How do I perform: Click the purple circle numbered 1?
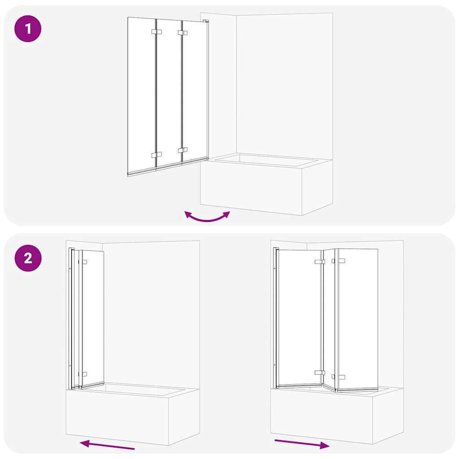click(28, 29)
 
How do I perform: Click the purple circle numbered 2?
click(28, 258)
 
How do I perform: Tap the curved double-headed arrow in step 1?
click(207, 217)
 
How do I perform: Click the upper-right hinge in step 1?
click(182, 33)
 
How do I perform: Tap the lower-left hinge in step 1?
click(156, 154)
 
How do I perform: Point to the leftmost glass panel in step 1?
click(141, 94)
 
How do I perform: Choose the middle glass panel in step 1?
click(169, 92)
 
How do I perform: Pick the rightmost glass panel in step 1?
click(195, 90)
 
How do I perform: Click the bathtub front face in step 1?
click(251, 188)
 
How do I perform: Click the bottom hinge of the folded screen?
click(84, 373)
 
